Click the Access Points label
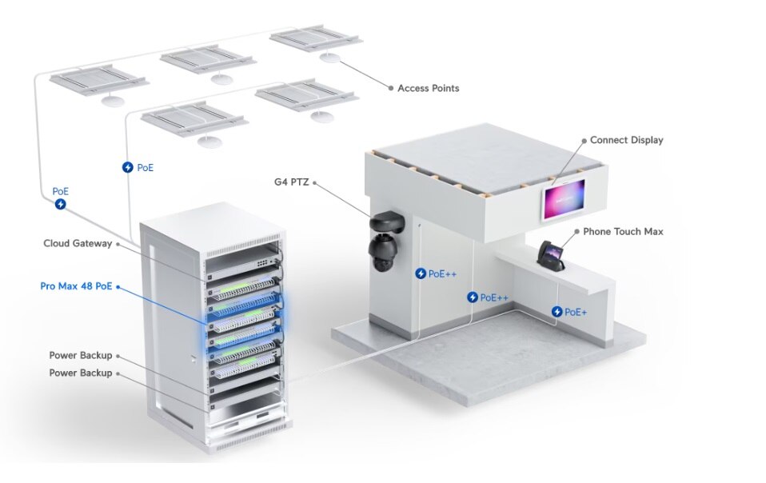[x=428, y=88]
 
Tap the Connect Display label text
[x=626, y=140]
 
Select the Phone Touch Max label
[x=623, y=232]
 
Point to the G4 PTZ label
[x=290, y=182]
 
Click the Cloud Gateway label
[x=78, y=243]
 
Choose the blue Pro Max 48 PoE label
[x=76, y=285]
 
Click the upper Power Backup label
[x=81, y=355]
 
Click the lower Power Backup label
[x=81, y=373]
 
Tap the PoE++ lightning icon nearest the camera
[x=420, y=273]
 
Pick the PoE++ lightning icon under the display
[x=473, y=297]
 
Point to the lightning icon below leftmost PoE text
[x=61, y=204]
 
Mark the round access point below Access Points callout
[x=329, y=58]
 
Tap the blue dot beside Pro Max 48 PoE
[x=118, y=285]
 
